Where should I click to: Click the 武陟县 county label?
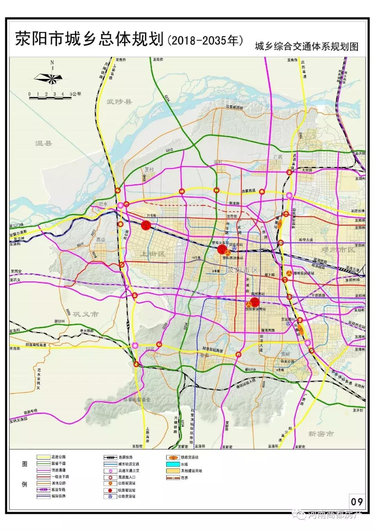119,102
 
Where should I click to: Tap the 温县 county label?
43,143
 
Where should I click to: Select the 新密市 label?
321,434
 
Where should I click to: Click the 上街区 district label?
152,254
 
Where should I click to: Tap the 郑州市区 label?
336,250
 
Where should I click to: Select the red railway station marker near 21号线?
146,225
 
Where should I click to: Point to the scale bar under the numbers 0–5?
50,98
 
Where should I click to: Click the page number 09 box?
357,501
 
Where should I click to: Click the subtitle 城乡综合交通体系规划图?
306,47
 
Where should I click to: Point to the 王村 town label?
149,169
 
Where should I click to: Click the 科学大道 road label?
306,240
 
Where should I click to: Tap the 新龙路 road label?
235,203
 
